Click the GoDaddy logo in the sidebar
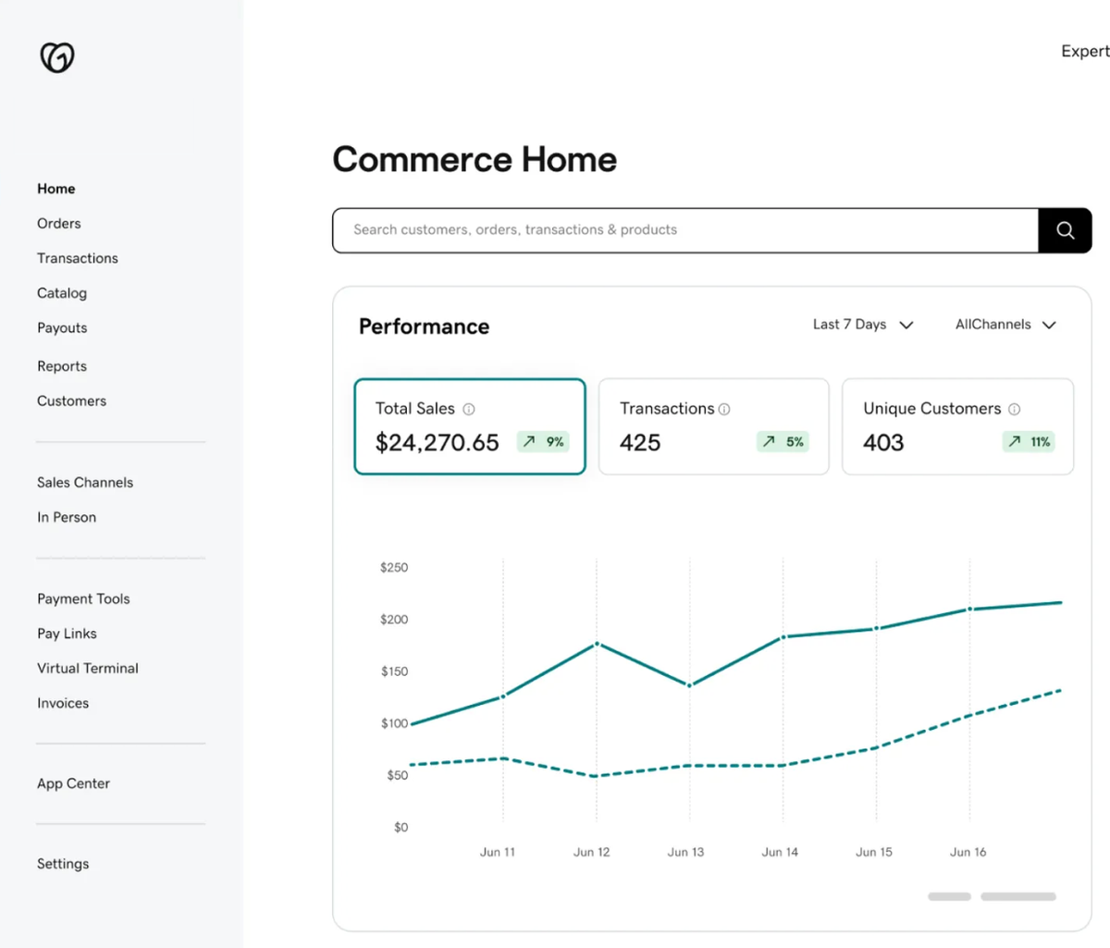click(57, 57)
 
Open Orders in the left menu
click(59, 224)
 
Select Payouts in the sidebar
click(62, 328)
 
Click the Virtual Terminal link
click(88, 669)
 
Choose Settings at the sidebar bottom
click(63, 864)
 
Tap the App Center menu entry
click(73, 783)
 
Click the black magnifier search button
click(1065, 230)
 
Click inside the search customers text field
click(684, 230)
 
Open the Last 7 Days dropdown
click(862, 325)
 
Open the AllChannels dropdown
click(1005, 325)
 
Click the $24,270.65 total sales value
click(437, 443)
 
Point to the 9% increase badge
click(543, 442)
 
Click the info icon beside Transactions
click(724, 409)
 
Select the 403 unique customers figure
click(883, 443)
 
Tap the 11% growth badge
click(1029, 442)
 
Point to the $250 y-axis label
click(394, 568)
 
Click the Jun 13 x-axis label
click(685, 852)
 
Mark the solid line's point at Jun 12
click(597, 644)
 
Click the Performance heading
click(424, 326)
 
